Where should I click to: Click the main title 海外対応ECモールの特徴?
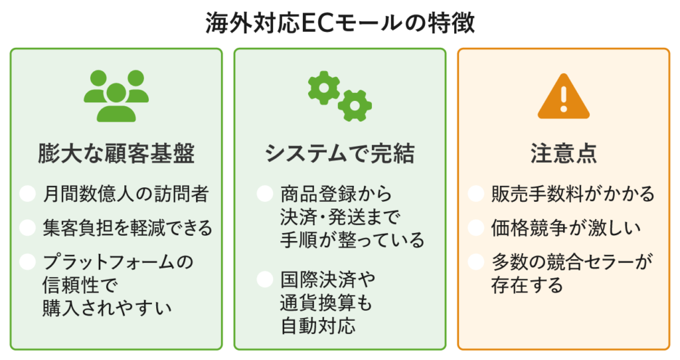coord(340,23)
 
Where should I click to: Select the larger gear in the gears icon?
coord(324,86)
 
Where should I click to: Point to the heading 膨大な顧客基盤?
coord(116,154)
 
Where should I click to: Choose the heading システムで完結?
coord(339,154)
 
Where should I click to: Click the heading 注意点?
coord(563,154)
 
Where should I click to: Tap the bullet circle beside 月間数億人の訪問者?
coord(27,194)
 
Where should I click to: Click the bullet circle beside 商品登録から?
coord(264,194)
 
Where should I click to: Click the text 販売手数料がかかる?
coord(572,194)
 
